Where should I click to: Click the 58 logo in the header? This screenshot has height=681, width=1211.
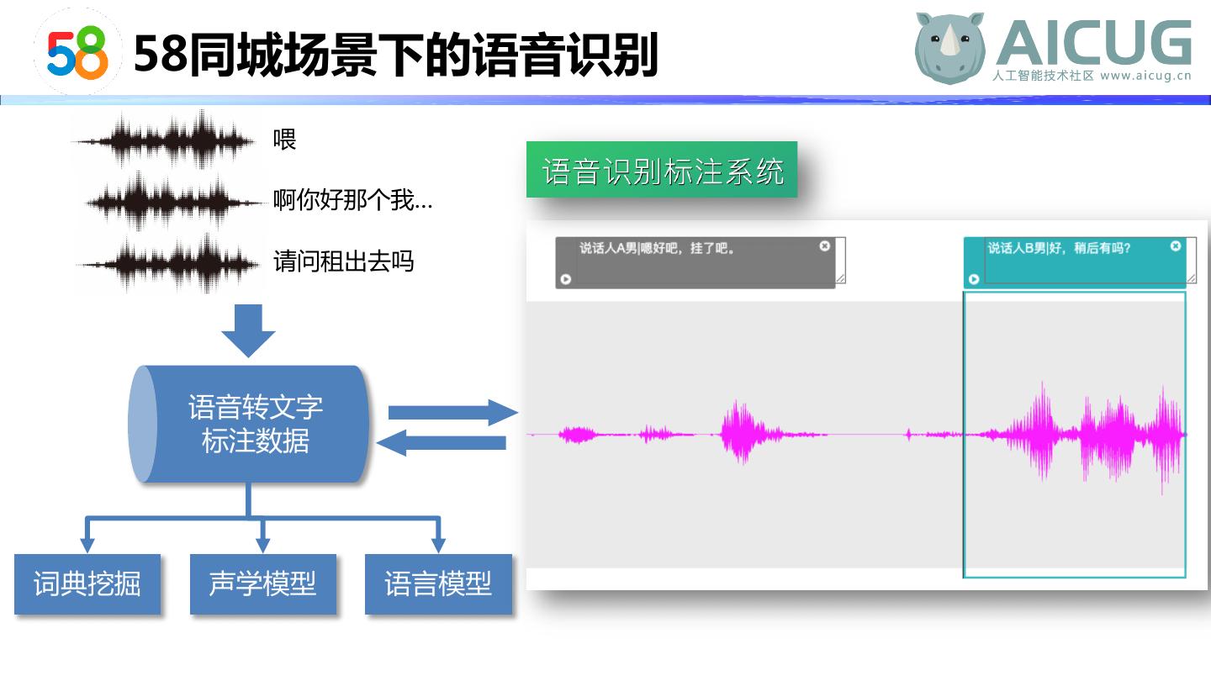(77, 52)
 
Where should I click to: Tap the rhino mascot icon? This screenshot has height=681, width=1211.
(949, 48)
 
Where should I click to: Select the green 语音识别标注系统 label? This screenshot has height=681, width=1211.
(662, 171)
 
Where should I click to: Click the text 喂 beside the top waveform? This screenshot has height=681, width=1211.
(285, 140)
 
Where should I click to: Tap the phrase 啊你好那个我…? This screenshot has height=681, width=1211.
(352, 201)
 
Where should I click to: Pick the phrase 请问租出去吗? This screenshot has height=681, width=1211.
(344, 261)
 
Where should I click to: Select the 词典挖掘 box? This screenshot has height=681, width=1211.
(87, 584)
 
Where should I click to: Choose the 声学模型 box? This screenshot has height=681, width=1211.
(262, 584)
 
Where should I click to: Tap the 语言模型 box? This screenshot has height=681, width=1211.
(438, 584)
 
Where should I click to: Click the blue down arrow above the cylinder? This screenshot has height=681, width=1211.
(249, 330)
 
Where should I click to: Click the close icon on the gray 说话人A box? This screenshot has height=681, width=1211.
(825, 246)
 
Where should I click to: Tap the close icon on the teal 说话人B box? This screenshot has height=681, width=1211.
(1176, 246)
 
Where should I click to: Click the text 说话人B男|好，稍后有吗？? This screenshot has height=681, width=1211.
(1059, 248)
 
